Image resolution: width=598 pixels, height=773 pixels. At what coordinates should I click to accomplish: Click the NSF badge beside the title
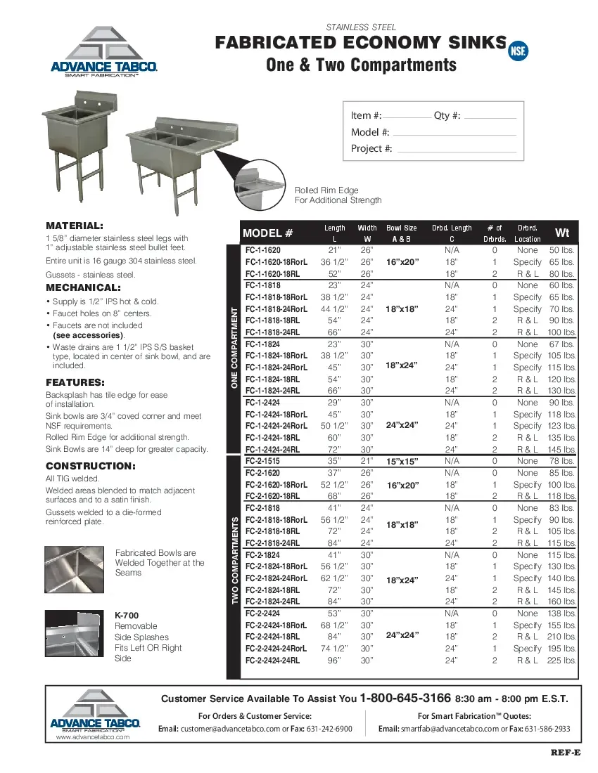518,50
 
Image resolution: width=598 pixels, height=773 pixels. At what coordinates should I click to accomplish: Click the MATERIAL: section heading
75,226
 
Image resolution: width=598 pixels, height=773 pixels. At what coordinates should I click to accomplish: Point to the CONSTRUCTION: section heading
89,466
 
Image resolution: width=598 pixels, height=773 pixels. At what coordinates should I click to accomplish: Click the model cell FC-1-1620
263,250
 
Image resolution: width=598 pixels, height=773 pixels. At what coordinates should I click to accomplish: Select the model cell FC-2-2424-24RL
272,661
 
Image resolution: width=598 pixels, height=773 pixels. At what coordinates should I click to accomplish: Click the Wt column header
562,233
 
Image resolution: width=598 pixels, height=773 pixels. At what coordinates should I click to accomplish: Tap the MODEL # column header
267,233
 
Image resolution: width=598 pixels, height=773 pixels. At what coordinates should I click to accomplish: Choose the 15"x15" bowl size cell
402,461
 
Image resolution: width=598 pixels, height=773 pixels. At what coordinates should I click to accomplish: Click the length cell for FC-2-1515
334,461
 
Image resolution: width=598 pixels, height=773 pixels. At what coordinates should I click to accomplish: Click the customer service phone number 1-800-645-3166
405,699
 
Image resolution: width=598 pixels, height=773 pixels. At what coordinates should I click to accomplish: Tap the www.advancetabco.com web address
93,737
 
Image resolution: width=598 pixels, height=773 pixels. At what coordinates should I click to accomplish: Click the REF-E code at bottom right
565,753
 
